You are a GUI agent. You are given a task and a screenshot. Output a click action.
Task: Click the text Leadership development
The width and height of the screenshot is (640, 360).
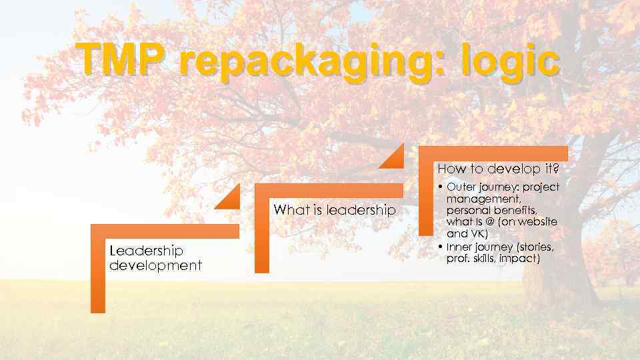tap(155, 257)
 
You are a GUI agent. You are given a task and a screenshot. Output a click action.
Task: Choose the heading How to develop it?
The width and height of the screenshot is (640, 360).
tap(497, 169)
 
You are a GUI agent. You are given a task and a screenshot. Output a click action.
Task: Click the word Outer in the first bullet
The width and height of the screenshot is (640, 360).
tap(463, 187)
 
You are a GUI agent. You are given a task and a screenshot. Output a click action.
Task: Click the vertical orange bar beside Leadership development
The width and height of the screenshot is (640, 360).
tap(98, 273)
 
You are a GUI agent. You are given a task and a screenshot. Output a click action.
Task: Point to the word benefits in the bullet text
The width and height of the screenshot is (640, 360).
tap(517, 210)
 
